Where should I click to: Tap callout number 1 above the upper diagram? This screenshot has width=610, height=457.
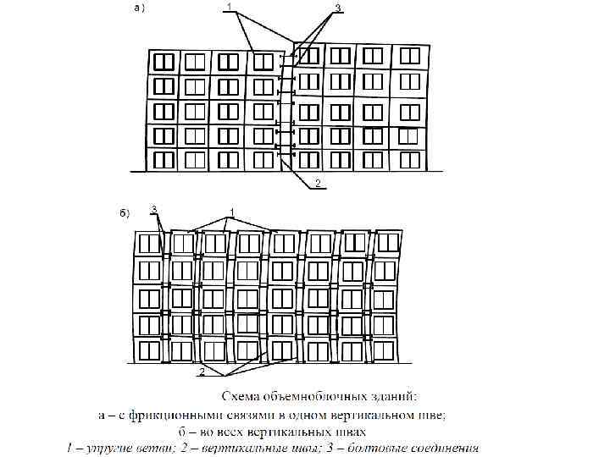[x=228, y=7]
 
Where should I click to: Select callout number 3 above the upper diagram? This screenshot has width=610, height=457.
[x=337, y=8]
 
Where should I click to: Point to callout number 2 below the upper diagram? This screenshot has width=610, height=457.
[x=317, y=183]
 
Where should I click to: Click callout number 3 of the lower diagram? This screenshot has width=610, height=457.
[x=153, y=208]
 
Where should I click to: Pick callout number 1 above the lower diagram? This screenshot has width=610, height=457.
[x=230, y=211]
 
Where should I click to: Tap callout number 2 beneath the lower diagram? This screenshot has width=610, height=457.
[x=201, y=372]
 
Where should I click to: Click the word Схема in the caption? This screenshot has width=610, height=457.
[x=241, y=396]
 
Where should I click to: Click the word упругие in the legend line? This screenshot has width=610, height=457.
[x=111, y=447]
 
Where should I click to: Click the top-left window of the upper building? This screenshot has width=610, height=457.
[x=164, y=62]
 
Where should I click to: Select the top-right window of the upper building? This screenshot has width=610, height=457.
[x=409, y=57]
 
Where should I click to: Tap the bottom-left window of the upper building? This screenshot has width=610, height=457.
[x=164, y=159]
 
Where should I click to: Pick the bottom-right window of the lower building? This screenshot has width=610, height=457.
[x=385, y=350]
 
